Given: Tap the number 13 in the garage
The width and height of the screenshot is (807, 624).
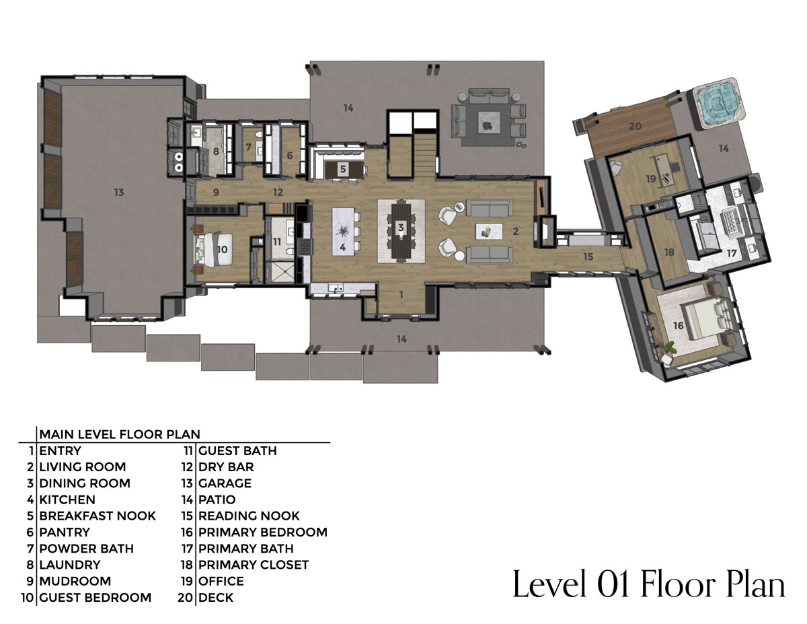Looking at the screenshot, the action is [119, 192].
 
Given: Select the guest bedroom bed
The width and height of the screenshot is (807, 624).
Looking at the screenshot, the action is [214, 249].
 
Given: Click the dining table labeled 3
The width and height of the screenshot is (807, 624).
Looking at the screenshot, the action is [401, 231].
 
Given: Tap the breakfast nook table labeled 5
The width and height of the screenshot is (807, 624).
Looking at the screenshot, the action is [344, 170].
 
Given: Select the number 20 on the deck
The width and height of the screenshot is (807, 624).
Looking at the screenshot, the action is [636, 127].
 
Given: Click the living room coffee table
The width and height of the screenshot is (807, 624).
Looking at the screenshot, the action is [489, 232].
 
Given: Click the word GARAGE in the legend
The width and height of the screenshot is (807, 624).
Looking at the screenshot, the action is [225, 483].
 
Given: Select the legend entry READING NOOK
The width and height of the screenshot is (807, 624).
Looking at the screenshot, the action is [249, 516].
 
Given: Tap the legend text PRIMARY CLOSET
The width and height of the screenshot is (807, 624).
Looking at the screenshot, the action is [254, 565].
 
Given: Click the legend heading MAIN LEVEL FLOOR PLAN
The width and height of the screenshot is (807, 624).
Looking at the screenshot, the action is [120, 434].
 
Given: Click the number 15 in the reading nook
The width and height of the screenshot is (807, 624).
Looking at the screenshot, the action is [588, 257].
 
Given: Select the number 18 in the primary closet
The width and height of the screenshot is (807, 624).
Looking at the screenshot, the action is [669, 252].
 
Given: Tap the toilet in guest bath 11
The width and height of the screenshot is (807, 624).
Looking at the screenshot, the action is [290, 252].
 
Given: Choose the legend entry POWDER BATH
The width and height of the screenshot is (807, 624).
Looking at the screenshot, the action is [86, 549].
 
